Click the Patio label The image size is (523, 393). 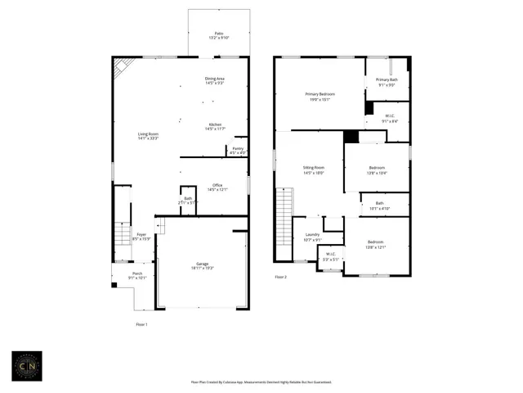[x=218, y=35]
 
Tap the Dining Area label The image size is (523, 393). [x=215, y=80]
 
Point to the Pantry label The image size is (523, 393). [x=238, y=151]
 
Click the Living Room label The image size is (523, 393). [x=147, y=137]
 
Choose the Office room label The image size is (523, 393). [x=217, y=187]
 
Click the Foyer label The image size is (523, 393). [x=141, y=237]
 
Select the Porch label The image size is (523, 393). [x=137, y=276]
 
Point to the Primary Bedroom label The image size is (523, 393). [x=319, y=97]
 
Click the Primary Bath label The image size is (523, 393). [x=387, y=82]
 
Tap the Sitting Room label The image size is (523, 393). [x=314, y=171]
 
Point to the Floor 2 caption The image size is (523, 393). [x=280, y=278]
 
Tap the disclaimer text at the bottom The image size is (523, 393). [x=261, y=382]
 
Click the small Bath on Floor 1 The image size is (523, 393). [x=188, y=201]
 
